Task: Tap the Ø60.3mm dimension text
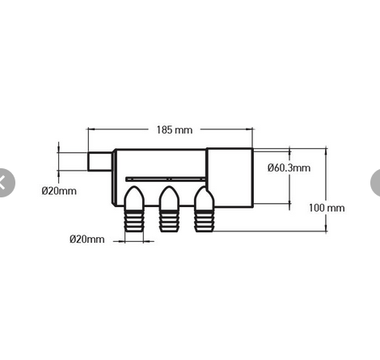point(289,167)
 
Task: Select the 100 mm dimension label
point(327,208)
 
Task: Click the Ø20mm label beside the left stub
point(59,192)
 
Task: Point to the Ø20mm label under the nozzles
point(87,239)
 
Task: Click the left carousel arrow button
point(5,183)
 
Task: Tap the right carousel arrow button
point(375,183)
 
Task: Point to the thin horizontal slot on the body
point(166,177)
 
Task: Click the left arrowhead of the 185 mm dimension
point(91,129)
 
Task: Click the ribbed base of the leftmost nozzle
point(133,220)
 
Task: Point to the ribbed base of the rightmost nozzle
point(203,220)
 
